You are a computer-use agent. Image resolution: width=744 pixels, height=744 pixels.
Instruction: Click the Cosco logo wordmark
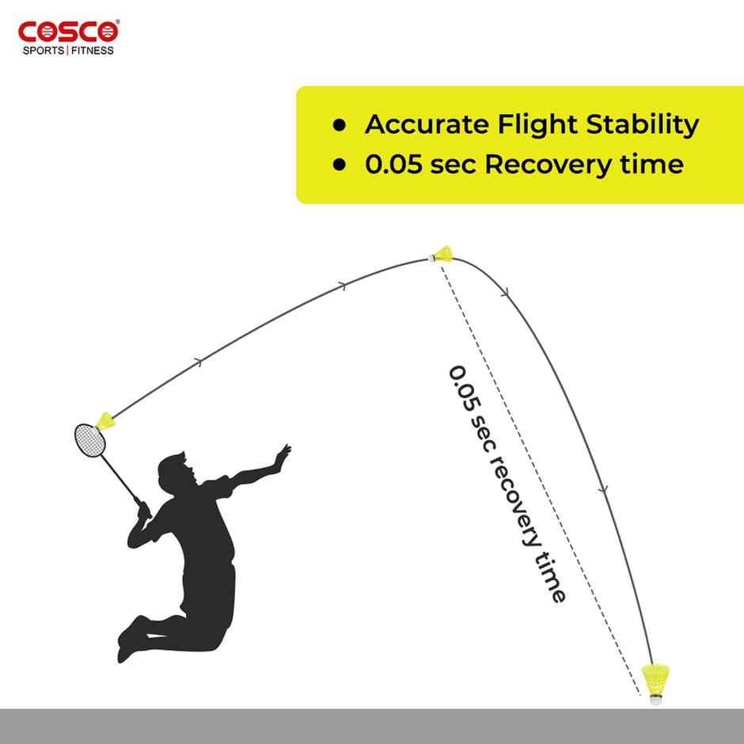point(68,32)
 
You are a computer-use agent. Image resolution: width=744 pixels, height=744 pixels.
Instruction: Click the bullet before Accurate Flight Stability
point(340,125)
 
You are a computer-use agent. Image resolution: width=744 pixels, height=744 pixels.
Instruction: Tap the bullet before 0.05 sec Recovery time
point(340,165)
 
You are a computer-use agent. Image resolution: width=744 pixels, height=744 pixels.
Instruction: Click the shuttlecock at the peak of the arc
point(441,255)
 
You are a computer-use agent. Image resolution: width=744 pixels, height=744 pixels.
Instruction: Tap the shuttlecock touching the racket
point(105,421)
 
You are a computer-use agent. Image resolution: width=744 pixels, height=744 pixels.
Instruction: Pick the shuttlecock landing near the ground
point(653,683)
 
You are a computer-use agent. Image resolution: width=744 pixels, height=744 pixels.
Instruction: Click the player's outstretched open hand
point(281,455)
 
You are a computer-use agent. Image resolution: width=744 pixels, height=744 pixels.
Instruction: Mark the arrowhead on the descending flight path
point(605,490)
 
